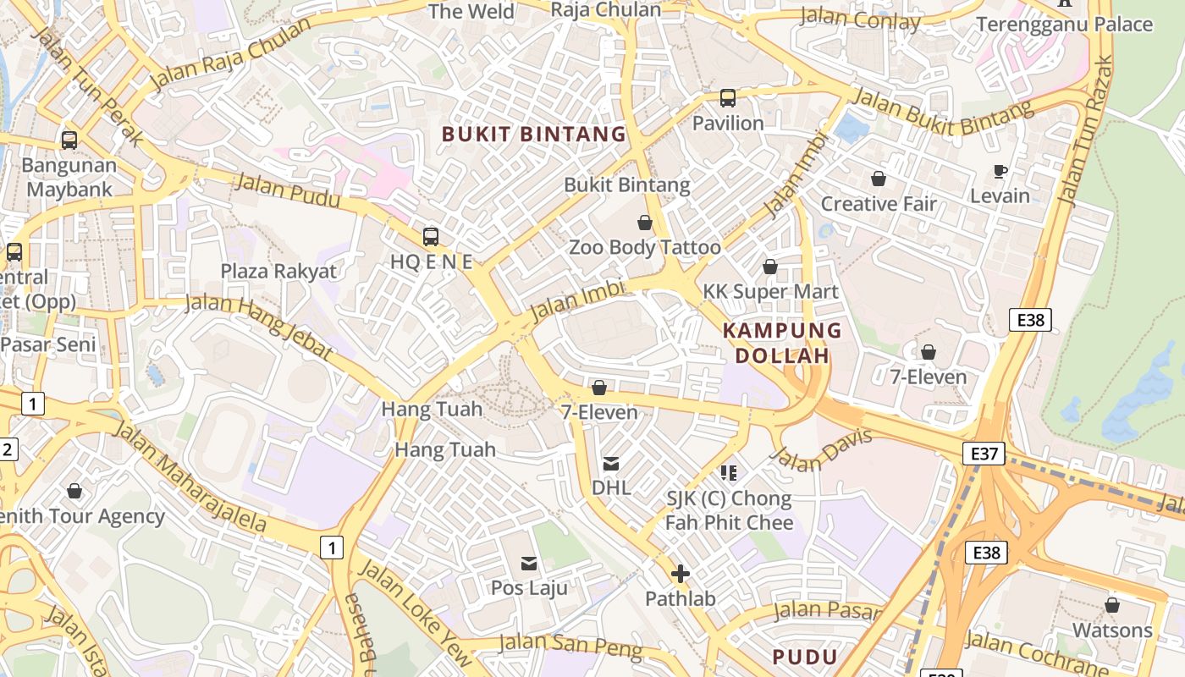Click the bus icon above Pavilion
click(x=728, y=98)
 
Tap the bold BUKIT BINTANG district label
click(x=534, y=134)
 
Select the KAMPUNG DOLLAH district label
click(x=782, y=343)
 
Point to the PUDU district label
click(x=805, y=657)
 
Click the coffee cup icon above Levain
click(x=1000, y=172)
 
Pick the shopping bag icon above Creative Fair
click(x=879, y=179)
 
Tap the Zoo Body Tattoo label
click(x=644, y=247)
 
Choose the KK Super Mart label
click(x=770, y=292)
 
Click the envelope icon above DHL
click(x=610, y=464)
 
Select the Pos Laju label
click(x=529, y=587)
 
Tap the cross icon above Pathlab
click(x=680, y=575)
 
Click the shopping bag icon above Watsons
click(x=1112, y=606)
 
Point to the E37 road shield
click(x=984, y=454)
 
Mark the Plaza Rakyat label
click(x=278, y=271)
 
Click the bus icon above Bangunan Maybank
click(x=69, y=140)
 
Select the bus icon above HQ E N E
click(x=431, y=237)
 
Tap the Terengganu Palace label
click(x=1064, y=24)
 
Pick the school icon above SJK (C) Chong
click(x=729, y=473)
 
